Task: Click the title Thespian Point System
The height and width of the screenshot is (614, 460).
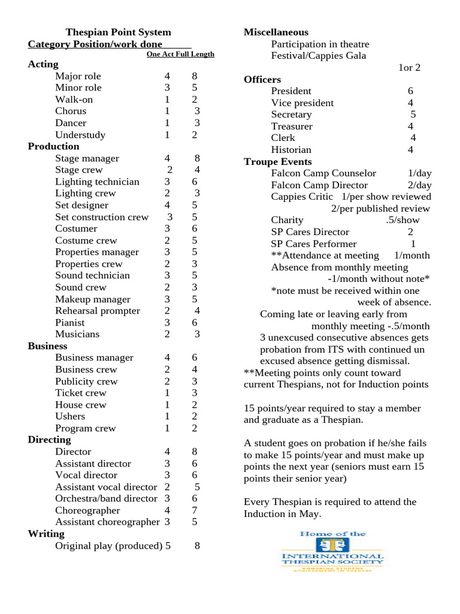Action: coord(118,32)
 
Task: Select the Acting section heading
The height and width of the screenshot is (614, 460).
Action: coord(43,64)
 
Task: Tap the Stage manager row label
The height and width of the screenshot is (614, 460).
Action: coord(87,158)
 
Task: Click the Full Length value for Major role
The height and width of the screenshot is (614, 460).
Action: coord(194,76)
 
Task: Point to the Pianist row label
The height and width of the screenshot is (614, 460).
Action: coord(70,323)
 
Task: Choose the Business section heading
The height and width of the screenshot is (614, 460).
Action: coord(47,346)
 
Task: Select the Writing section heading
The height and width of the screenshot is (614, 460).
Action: coord(46,534)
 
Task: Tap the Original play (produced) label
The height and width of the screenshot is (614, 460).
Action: coord(108,546)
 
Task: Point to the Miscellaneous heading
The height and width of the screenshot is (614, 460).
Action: coord(276,32)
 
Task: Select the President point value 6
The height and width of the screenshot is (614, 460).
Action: coord(410,91)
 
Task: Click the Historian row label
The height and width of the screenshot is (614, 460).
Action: coord(291,150)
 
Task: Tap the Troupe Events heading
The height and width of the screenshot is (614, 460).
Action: coord(278,162)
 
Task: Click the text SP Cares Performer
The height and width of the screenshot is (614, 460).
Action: coord(313,244)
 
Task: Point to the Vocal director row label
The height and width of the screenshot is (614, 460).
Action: coord(86,475)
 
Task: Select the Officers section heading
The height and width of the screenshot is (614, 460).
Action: coord(262,80)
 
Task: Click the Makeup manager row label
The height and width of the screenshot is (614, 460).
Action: coord(92,299)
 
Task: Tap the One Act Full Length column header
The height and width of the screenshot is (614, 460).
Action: coord(180,54)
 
